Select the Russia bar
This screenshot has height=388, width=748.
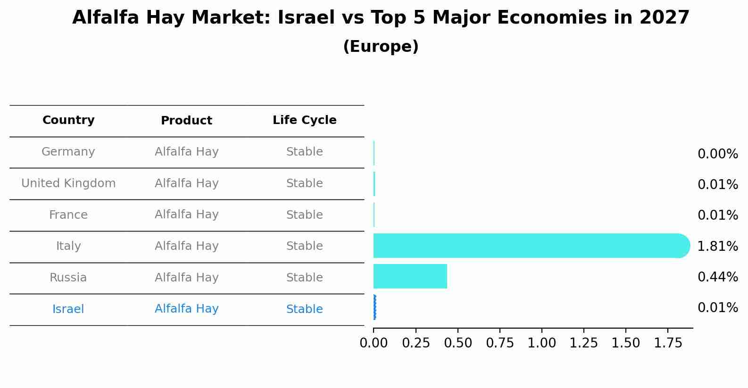tap(410, 276)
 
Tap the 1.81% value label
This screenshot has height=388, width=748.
tap(717, 246)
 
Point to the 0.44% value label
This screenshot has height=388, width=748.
tap(717, 277)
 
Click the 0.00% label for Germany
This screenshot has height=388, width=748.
tap(717, 154)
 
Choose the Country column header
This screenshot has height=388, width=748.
tap(68, 120)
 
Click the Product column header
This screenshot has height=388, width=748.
tap(186, 121)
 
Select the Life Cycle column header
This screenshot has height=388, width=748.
tap(304, 120)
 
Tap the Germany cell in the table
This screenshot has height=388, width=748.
tap(68, 152)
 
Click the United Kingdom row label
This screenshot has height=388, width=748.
tap(68, 183)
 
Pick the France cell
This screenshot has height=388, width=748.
tap(68, 215)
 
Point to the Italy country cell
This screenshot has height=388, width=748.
tap(68, 246)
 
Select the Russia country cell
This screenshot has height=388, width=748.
tap(68, 278)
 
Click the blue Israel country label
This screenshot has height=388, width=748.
tap(68, 309)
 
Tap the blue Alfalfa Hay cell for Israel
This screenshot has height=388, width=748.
tap(186, 309)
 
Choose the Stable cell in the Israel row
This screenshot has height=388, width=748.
tap(304, 309)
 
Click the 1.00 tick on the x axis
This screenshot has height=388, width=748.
tap(541, 343)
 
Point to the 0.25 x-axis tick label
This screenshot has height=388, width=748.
tap(416, 343)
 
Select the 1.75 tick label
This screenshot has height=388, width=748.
tap(668, 343)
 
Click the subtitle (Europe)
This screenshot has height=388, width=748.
tap(381, 47)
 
